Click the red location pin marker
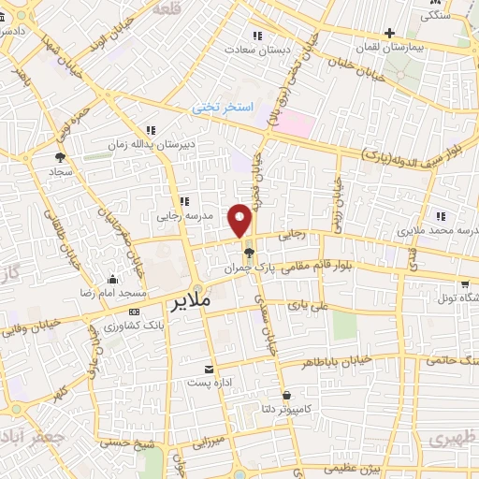[x=241, y=221]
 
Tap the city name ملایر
[x=193, y=303]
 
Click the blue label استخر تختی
[x=223, y=108]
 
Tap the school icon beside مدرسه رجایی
[x=184, y=201]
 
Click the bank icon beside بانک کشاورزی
[x=135, y=311]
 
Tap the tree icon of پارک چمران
[x=247, y=253]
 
